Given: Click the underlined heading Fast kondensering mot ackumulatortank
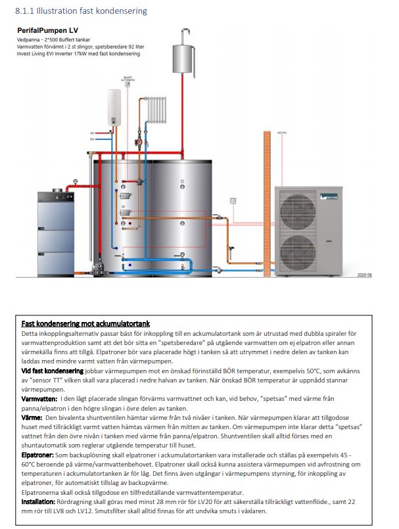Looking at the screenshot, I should [x=85, y=323].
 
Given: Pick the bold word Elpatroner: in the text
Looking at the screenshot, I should [x=38, y=454].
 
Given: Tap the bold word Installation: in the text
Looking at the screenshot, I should [x=39, y=501].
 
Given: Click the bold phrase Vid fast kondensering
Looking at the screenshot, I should [x=52, y=371].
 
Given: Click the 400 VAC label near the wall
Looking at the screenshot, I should [x=283, y=133].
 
